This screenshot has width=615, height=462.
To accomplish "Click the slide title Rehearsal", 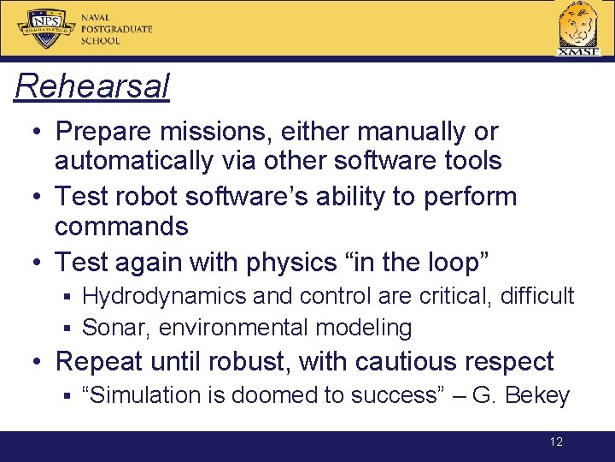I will click(x=92, y=86).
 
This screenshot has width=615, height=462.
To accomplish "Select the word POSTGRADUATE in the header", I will click(x=116, y=28).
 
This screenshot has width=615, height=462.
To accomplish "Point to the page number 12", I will click(x=556, y=442).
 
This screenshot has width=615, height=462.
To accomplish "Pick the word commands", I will click(x=121, y=226).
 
